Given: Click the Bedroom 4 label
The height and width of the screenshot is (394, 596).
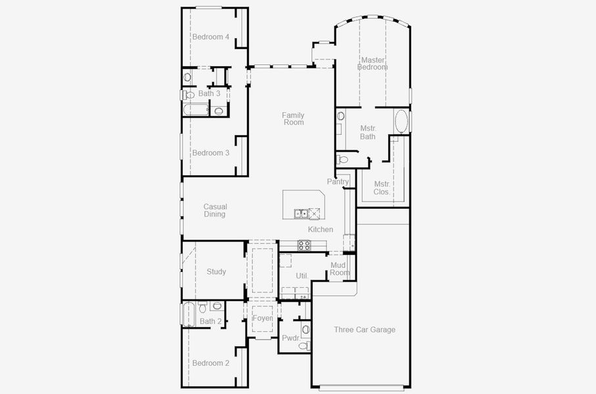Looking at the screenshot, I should (210, 37).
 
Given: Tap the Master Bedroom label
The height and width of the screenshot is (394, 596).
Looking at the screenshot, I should (373, 64).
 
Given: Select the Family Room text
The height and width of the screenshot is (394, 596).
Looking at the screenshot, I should (294, 119).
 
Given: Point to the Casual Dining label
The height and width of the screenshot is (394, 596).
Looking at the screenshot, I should (215, 210).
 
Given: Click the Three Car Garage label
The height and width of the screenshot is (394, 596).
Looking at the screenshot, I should (364, 330).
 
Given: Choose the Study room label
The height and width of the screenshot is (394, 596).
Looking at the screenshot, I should (216, 272).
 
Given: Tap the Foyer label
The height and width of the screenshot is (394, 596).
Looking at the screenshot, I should (263, 318).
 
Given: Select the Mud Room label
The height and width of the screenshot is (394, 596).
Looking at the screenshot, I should (340, 269).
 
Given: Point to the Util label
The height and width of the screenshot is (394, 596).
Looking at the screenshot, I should (302, 276).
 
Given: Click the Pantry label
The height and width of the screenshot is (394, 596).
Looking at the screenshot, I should (338, 182).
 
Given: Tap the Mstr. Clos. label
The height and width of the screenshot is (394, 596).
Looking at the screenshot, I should (381, 188).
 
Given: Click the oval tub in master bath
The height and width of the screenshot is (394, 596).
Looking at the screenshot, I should (401, 123).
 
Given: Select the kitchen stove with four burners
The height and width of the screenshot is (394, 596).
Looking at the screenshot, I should (305, 245).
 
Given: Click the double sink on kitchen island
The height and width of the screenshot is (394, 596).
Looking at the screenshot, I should (301, 213).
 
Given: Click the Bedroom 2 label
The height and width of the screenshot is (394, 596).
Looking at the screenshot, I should (210, 363).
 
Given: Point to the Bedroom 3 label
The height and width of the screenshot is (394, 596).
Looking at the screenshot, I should (210, 153).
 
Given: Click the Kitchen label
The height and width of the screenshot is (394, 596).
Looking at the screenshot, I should (321, 230).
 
